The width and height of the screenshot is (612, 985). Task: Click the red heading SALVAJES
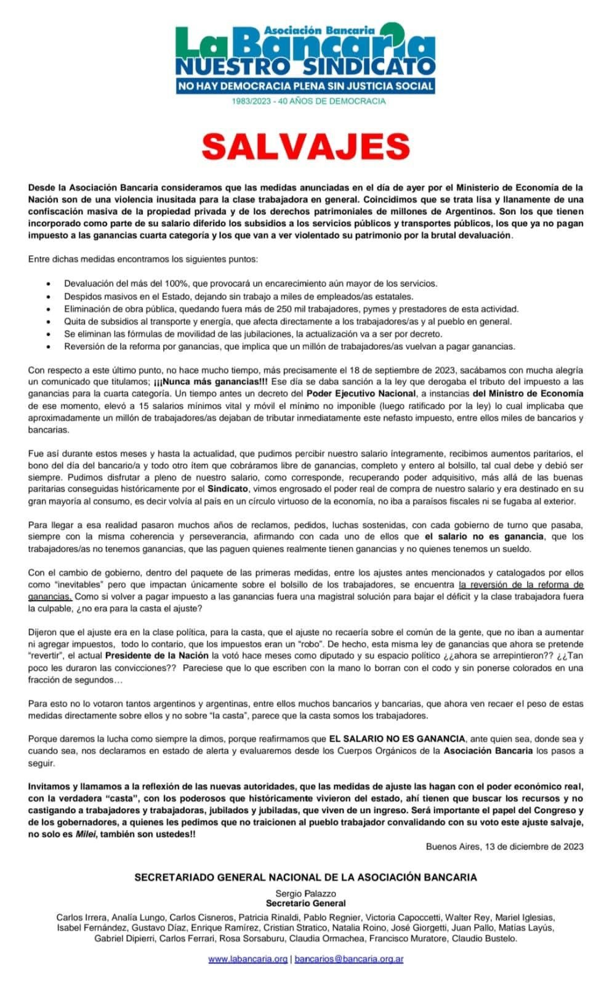[x=306, y=146]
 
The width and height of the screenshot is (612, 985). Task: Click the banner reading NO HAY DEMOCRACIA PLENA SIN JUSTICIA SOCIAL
[x=305, y=86]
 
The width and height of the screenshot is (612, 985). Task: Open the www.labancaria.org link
[x=248, y=959]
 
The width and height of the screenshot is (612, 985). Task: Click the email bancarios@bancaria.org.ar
[x=349, y=959]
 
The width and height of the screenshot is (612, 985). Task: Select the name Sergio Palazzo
[x=306, y=893]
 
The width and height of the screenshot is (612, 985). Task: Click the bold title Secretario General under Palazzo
[x=306, y=903]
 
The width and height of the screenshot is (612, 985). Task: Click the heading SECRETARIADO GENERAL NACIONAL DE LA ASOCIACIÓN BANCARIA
[x=305, y=877]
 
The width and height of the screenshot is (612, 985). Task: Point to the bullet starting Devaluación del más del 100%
[x=251, y=283]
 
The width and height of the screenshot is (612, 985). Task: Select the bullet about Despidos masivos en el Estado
[x=239, y=296]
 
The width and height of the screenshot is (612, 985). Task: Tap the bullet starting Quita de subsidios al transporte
[x=288, y=321]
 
